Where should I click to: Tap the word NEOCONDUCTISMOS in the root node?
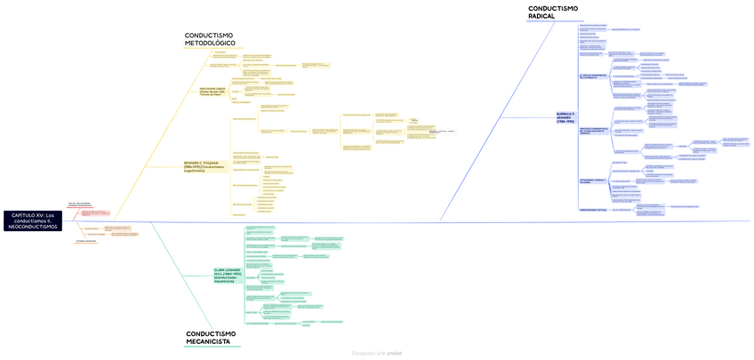(33, 227)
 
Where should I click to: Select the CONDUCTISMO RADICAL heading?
(552, 12)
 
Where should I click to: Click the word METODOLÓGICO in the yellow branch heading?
(210, 43)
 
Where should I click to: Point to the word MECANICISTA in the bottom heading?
(208, 340)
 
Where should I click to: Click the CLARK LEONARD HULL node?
(228, 275)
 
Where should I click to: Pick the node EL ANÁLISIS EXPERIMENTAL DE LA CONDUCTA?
(590, 76)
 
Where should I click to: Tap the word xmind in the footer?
(395, 353)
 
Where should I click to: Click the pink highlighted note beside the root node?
(93, 213)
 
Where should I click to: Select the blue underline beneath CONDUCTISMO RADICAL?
(552, 21)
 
